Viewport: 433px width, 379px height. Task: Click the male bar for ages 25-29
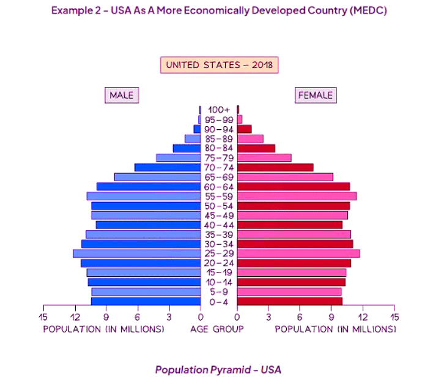tap(137, 253)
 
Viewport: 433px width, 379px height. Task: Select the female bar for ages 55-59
tap(297, 196)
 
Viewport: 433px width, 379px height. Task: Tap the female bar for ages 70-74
tap(275, 167)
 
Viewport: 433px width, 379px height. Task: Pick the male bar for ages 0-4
tap(146, 301)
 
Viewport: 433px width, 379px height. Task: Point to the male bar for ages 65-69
tap(158, 177)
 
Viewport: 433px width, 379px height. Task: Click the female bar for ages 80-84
tap(256, 148)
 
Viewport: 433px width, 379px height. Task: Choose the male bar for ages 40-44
tap(149, 225)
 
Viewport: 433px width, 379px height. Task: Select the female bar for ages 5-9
tap(289, 291)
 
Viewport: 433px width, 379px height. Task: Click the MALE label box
tap(121, 95)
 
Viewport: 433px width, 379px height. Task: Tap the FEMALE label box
tap(316, 95)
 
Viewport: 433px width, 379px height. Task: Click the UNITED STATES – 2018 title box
tap(220, 65)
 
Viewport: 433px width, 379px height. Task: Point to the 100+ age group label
tap(219, 110)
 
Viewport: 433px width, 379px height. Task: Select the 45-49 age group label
tap(219, 216)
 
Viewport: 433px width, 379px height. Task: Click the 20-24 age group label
tap(219, 263)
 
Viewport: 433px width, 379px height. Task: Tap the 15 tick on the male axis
tap(43, 317)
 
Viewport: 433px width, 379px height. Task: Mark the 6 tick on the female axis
tap(300, 317)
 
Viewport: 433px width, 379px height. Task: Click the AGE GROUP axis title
tap(217, 329)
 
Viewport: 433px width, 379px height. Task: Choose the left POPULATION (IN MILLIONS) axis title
tap(103, 329)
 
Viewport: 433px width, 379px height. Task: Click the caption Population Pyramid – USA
tap(218, 370)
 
